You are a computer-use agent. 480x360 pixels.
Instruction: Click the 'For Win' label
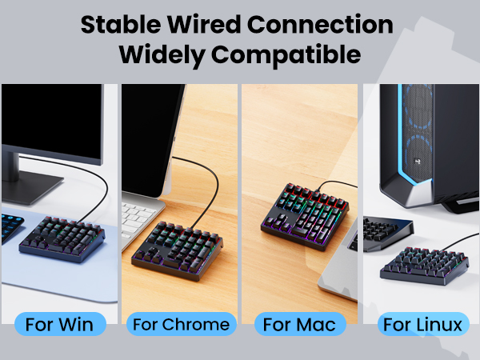pyautogui.click(x=60, y=324)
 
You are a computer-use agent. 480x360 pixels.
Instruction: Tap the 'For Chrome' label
pyautogui.click(x=181, y=324)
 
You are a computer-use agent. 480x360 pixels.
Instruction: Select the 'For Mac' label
pyautogui.click(x=300, y=324)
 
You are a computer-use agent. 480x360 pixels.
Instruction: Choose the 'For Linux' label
pyautogui.click(x=422, y=324)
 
